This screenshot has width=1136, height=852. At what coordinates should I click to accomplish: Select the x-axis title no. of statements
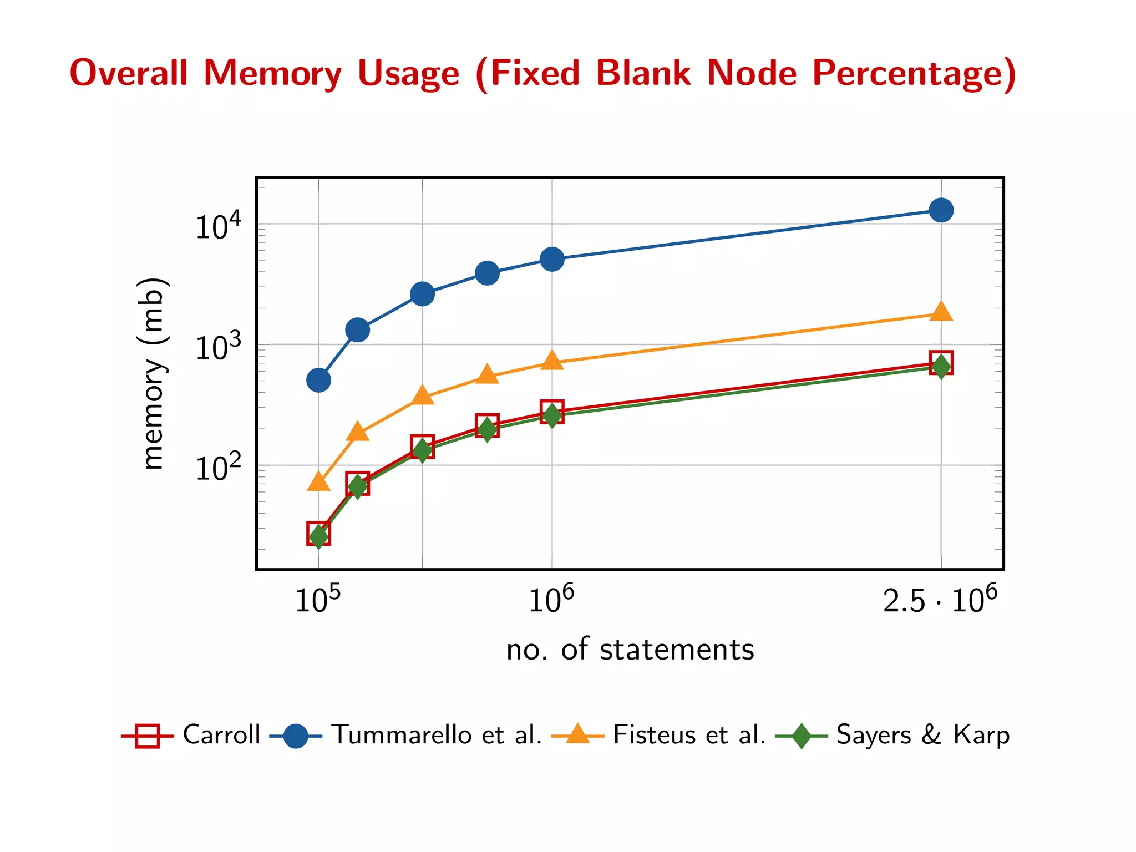click(630, 650)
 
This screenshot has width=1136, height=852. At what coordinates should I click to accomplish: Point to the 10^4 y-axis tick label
click(218, 226)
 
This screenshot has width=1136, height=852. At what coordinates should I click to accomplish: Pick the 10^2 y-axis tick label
click(218, 468)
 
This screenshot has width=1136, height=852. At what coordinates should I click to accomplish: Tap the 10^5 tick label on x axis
click(318, 600)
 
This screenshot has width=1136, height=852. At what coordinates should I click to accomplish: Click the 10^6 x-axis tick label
click(551, 600)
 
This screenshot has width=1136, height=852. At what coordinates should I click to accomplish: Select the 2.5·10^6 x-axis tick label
click(940, 600)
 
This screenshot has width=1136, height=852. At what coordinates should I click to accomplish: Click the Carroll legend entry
click(221, 734)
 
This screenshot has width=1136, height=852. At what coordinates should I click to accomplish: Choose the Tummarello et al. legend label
click(437, 734)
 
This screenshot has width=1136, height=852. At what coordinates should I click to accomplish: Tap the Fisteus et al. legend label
click(689, 734)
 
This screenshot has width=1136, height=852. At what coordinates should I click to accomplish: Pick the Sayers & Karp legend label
click(922, 734)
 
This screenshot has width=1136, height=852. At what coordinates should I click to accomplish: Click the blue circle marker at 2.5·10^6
click(941, 210)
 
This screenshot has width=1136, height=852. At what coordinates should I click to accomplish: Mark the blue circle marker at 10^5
click(318, 380)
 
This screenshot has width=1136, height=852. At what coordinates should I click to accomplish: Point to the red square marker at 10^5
click(318, 533)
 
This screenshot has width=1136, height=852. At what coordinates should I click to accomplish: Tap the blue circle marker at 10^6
click(552, 259)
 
